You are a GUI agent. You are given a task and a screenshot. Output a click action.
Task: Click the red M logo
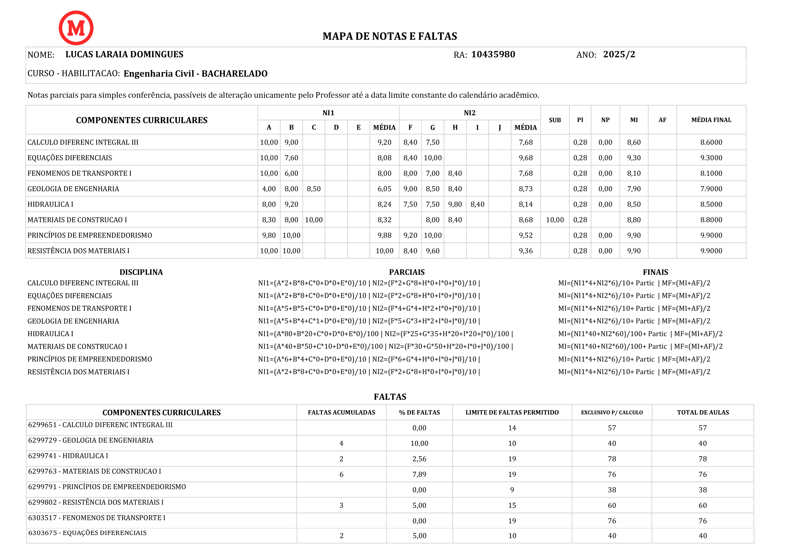click(76, 28)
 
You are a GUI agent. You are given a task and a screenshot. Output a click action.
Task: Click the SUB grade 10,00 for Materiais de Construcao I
click(554, 220)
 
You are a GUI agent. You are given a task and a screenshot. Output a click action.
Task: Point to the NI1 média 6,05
click(384, 189)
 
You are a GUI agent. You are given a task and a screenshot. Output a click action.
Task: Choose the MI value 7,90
click(633, 189)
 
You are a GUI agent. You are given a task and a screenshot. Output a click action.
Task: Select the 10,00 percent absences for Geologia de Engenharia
click(419, 443)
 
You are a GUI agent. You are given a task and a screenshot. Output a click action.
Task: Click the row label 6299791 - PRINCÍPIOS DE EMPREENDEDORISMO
click(107, 487)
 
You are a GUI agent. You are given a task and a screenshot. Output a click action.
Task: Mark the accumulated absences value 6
click(341, 474)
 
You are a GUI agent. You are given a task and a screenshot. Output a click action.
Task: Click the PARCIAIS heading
click(407, 272)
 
